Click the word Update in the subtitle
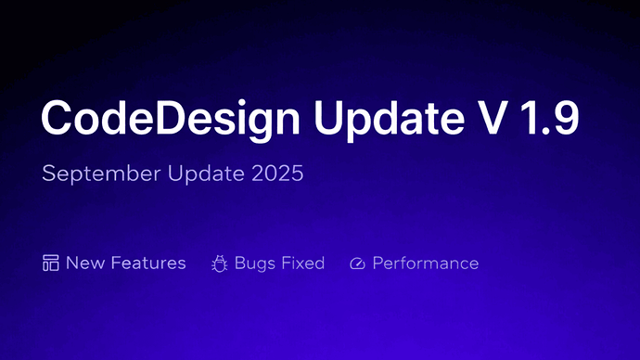[209, 174]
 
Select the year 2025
[277, 174]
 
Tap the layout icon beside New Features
[51, 264]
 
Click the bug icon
[220, 264]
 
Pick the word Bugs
[254, 264]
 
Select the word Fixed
[302, 264]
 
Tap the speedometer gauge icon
[358, 264]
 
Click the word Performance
[426, 264]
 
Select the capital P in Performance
[378, 264]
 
